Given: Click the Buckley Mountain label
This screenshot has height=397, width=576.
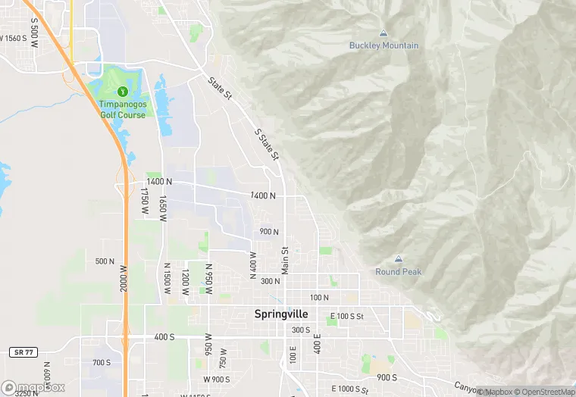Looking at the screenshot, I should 383,45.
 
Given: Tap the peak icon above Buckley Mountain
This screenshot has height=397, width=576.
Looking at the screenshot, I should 383,33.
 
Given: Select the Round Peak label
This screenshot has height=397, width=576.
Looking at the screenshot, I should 399,272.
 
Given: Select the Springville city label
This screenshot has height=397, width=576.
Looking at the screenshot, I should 281,314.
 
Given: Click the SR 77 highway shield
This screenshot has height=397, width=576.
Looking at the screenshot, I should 21,353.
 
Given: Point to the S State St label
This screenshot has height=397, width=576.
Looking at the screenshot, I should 268,144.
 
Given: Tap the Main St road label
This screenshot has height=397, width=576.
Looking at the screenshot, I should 285,260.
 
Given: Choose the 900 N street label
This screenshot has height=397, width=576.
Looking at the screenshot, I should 269,232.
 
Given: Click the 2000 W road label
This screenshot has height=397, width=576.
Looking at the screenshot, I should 124,281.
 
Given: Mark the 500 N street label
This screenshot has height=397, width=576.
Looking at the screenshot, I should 105,261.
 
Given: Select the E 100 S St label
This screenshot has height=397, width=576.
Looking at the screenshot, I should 348,315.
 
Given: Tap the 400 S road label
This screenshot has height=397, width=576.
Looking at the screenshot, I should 164,336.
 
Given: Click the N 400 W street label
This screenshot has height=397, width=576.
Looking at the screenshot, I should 253,263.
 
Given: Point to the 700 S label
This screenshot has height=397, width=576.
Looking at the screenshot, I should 102,363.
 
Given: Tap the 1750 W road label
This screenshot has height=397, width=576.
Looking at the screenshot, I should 143,204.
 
